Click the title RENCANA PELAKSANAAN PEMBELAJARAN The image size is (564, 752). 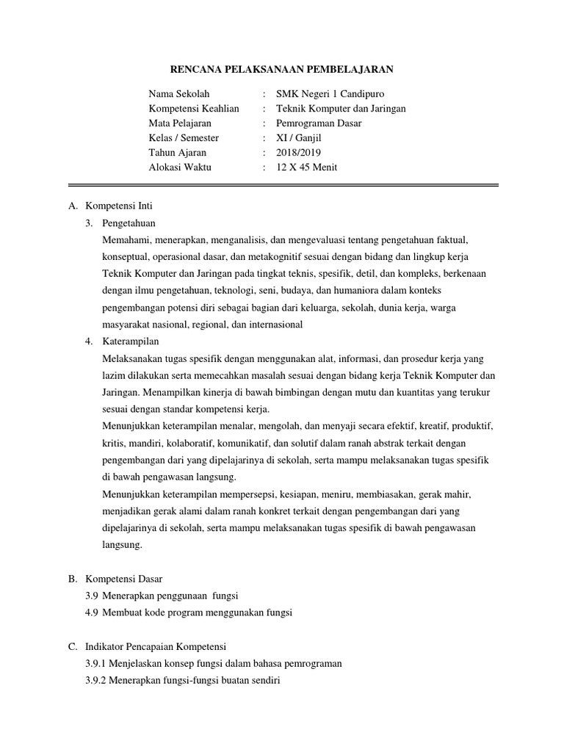click(x=282, y=70)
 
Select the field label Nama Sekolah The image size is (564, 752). click(x=178, y=94)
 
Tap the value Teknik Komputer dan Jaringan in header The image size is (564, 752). click(x=341, y=109)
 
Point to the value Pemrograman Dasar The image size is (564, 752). click(x=319, y=123)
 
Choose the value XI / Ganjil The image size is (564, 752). click(x=299, y=138)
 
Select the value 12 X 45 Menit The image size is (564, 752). click(x=306, y=167)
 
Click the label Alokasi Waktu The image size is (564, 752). click(x=179, y=167)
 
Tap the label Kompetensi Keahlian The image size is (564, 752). click(x=193, y=109)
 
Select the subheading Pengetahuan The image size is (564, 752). click(x=129, y=223)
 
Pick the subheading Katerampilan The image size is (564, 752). click(x=131, y=341)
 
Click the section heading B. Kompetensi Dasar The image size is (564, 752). click(x=114, y=579)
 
